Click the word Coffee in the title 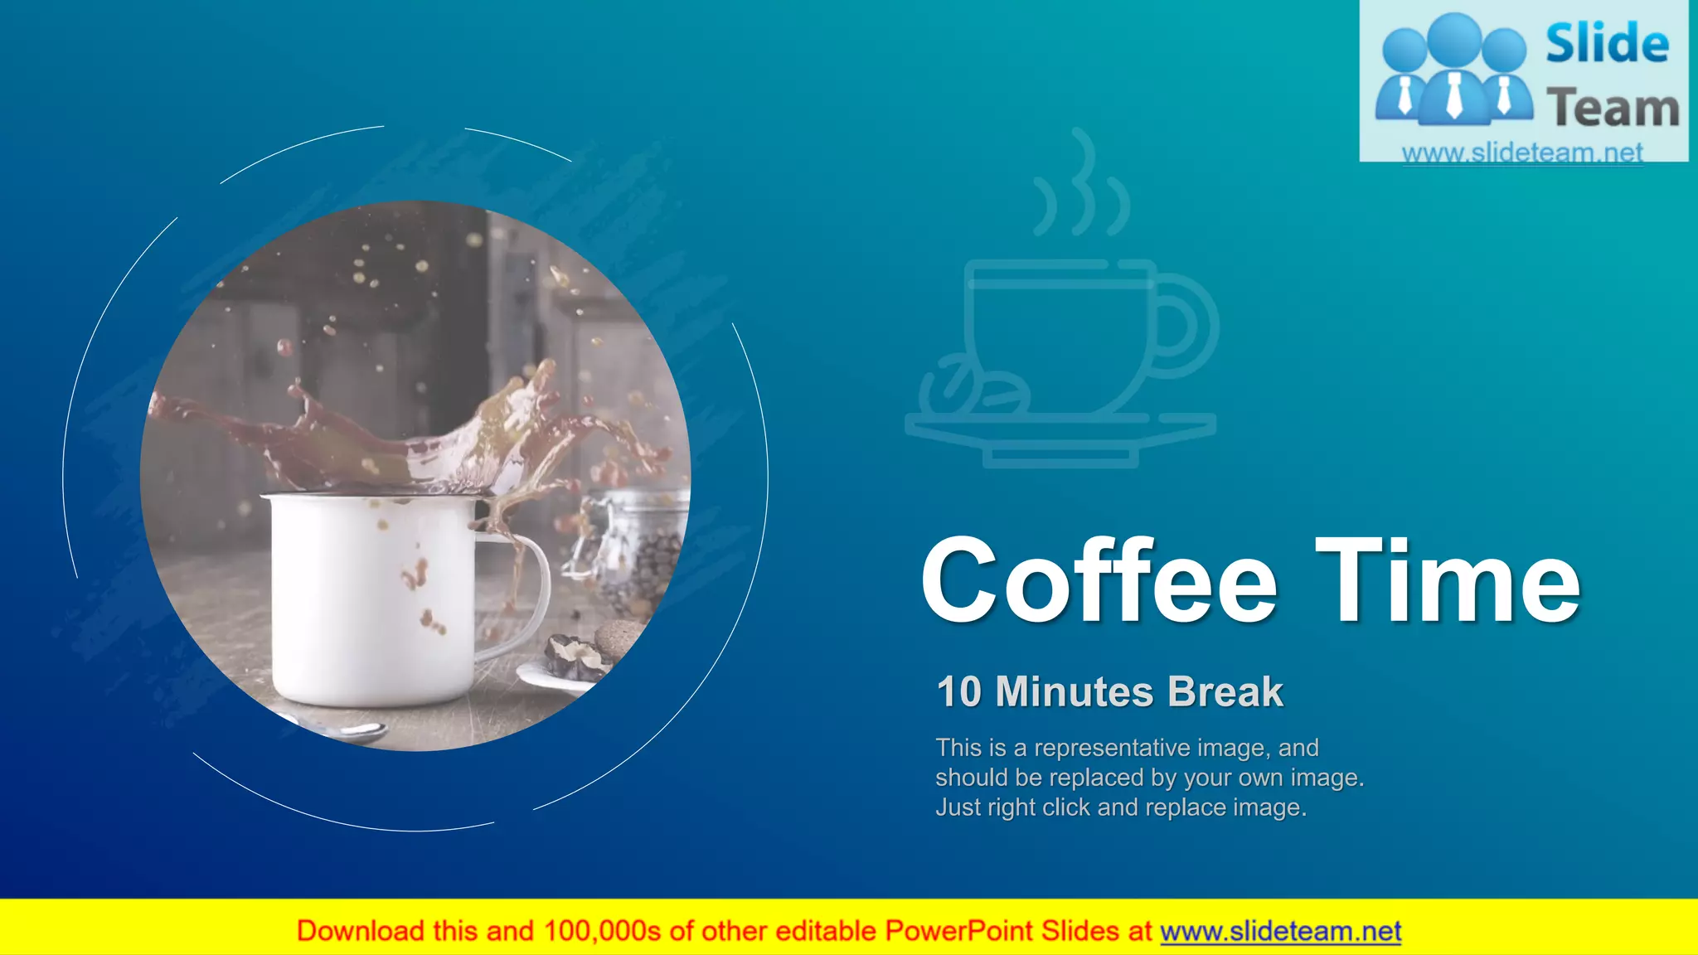tap(1099, 580)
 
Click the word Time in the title tap(1448, 580)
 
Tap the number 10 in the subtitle tap(958, 692)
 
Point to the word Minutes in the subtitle tap(1075, 692)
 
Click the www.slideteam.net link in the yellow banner tap(1280, 932)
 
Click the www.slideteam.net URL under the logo tap(1522, 153)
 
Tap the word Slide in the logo tap(1607, 44)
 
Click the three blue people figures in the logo tap(1453, 70)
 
